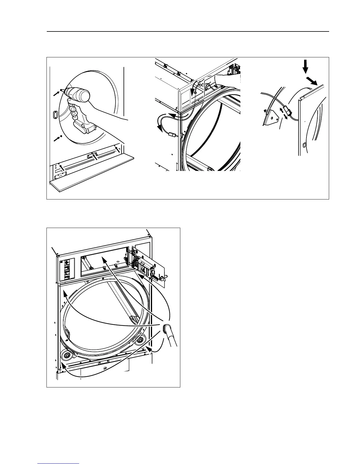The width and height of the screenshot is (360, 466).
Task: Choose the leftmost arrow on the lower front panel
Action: pos(62,168)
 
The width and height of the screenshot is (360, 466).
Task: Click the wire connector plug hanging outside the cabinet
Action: pos(172,136)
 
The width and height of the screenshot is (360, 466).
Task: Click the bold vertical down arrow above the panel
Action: pos(305,66)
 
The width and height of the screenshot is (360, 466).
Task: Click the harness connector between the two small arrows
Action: pos(286,113)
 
